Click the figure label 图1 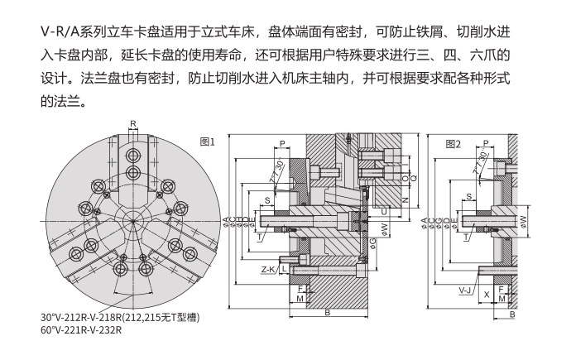point(207,142)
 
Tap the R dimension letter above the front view point(133,123)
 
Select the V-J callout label point(465,291)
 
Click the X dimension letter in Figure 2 point(487,294)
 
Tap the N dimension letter point(406,200)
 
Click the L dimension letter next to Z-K point(284,269)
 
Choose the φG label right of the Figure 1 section point(373,241)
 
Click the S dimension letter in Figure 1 point(267,200)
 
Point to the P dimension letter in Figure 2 point(486,142)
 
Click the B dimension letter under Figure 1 point(328,312)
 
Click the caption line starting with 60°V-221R point(81,330)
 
